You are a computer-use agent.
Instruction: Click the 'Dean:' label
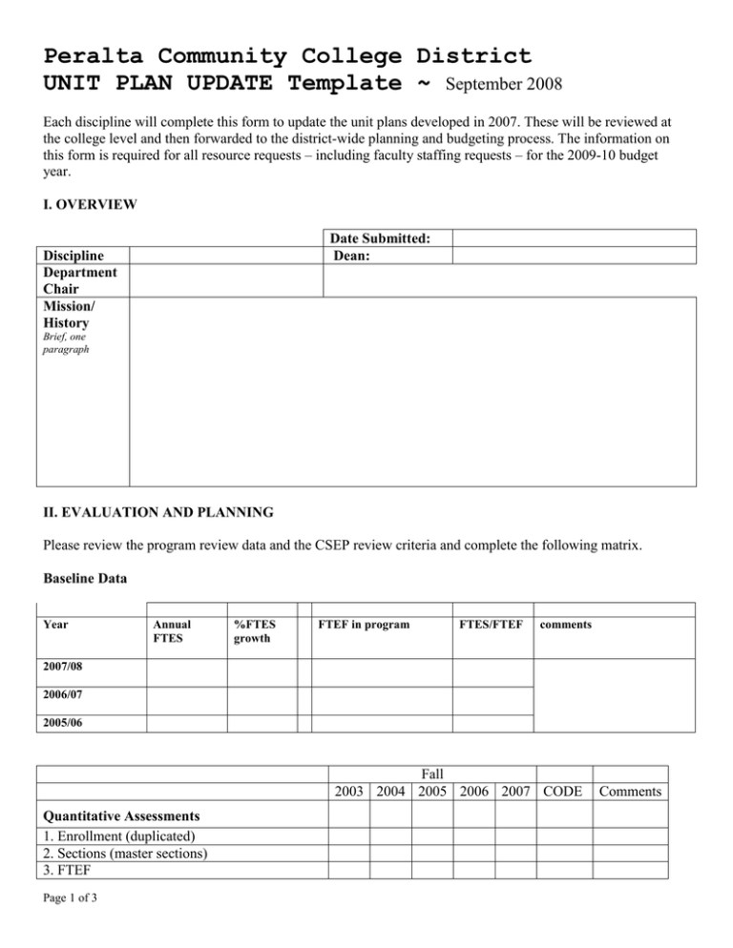352,255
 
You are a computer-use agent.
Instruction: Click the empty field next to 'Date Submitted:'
574,238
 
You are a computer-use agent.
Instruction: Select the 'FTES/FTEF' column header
490,625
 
